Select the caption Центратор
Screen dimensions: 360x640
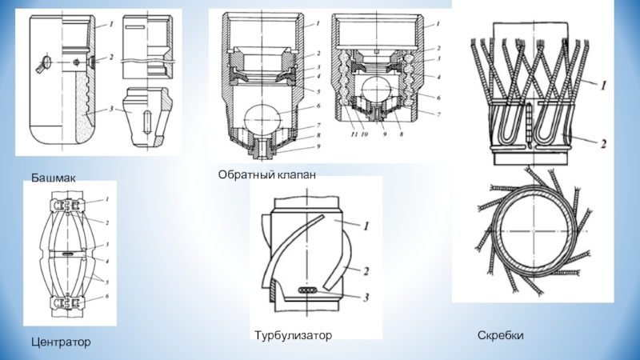[61, 342]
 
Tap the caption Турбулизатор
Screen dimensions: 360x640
[294, 334]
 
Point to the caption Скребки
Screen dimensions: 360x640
[501, 334]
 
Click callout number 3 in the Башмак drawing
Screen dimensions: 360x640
[112, 108]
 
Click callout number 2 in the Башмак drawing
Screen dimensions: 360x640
[111, 58]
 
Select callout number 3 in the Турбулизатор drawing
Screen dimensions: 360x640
[365, 298]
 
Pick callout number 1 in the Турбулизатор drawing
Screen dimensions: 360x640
[365, 227]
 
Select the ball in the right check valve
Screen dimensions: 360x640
[376, 95]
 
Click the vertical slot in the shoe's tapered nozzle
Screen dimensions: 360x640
[149, 128]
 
